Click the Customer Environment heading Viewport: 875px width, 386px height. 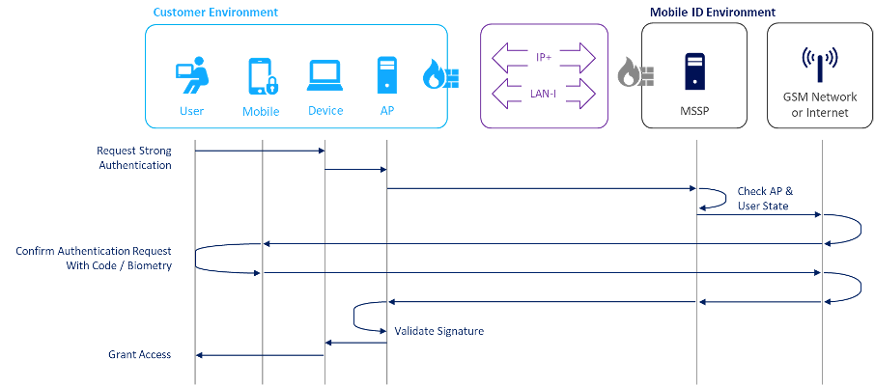[215, 13]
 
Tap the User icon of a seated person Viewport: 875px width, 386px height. [191, 75]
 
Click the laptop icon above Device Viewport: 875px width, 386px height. [325, 75]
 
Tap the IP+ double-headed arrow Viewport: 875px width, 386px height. [544, 58]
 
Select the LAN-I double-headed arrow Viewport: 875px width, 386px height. [544, 95]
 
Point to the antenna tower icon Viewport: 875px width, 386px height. [819, 65]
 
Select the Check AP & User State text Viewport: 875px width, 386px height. [764, 198]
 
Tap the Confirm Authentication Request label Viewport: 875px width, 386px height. [94, 258]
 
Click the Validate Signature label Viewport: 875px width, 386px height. [438, 331]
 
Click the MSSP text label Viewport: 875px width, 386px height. [695, 111]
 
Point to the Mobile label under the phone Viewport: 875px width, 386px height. [261, 111]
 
